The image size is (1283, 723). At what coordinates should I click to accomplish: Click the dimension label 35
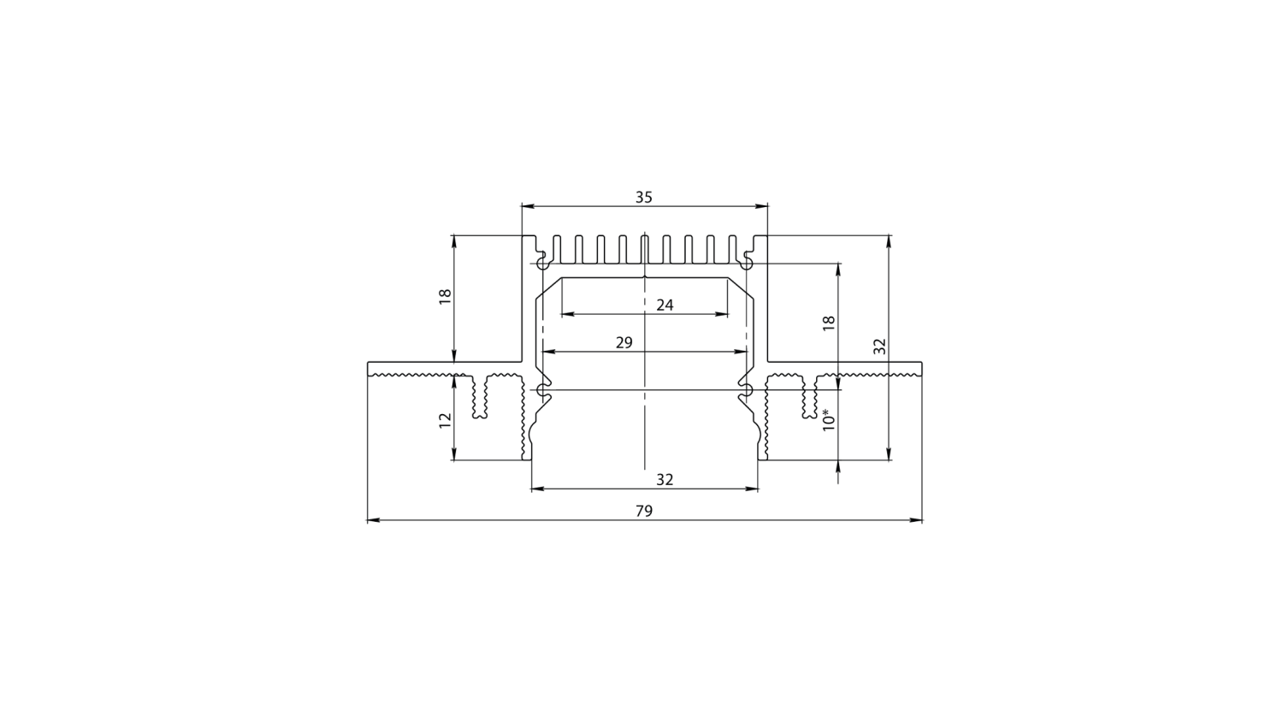tap(644, 197)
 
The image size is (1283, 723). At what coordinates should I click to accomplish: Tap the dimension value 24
tap(665, 305)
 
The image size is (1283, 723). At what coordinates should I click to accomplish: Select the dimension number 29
tap(624, 342)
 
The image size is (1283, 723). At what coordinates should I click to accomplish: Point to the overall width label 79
tap(644, 511)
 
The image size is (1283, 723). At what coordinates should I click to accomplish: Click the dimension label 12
tap(445, 420)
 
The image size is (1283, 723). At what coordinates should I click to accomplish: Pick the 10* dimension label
tap(828, 419)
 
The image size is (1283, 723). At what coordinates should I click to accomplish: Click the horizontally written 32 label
tap(665, 479)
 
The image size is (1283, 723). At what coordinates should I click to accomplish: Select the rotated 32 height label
tap(880, 347)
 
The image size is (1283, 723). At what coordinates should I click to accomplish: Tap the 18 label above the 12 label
tap(445, 297)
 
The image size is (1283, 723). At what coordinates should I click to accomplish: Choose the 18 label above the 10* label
tap(828, 323)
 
